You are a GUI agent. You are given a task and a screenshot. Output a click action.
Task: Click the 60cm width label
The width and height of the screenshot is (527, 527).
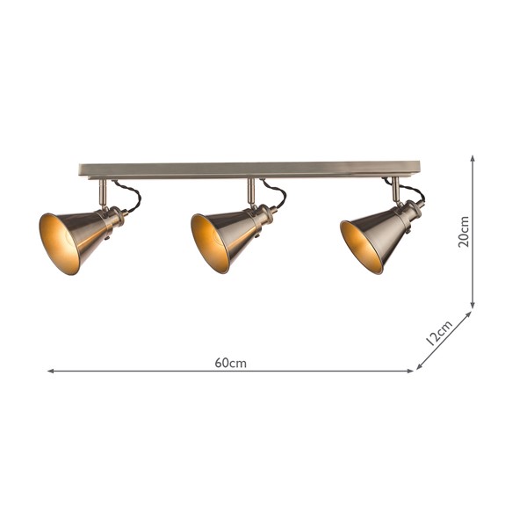[230, 363]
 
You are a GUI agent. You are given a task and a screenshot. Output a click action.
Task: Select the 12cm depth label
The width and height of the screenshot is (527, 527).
[437, 332]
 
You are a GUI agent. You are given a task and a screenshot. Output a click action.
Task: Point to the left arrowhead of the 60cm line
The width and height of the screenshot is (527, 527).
[51, 372]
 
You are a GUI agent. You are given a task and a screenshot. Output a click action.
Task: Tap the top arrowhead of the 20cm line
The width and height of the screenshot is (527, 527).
[473, 160]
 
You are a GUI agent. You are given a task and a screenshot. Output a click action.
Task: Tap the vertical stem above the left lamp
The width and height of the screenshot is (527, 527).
[102, 191]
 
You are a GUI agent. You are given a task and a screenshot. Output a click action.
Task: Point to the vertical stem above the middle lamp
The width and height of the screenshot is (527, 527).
[250, 191]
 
